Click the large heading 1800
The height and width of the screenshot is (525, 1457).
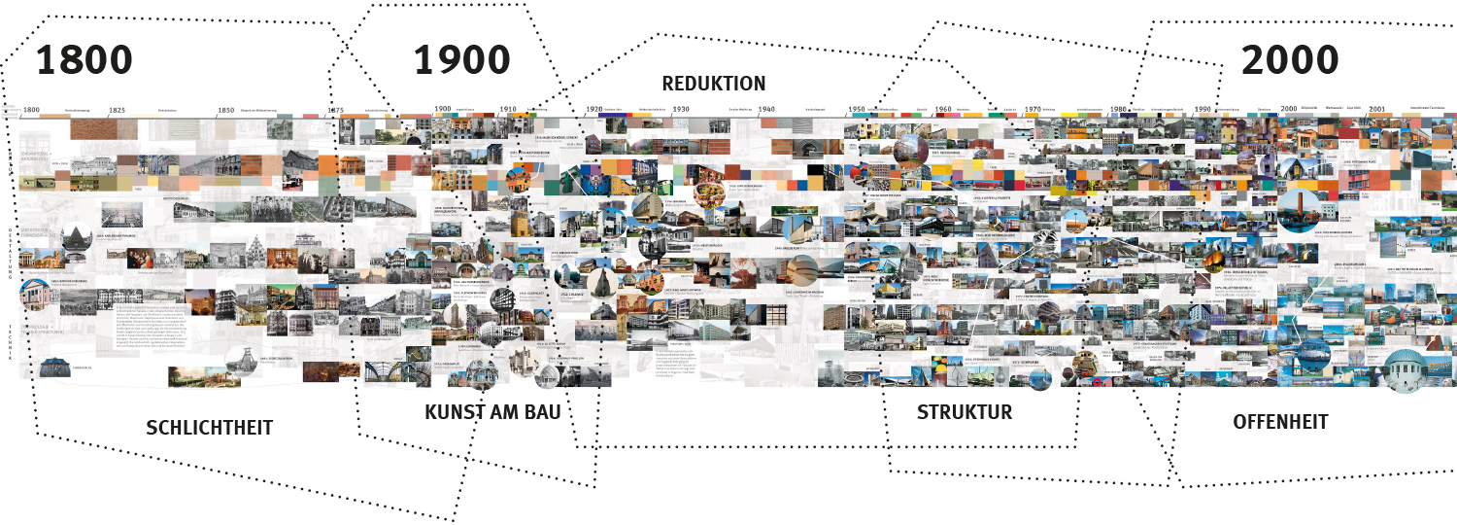pos(85,60)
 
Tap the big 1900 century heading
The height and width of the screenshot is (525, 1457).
pos(462,60)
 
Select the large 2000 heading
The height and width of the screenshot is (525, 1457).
pos(1290,60)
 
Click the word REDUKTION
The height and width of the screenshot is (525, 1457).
pos(714,84)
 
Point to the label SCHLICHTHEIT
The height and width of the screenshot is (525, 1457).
pos(209,428)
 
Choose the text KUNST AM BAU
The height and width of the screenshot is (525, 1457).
pos(492,412)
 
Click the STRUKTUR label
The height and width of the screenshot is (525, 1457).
pos(965,412)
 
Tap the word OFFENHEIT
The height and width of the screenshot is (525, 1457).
pos(1280,422)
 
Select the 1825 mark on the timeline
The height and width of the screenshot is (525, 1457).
pos(118,111)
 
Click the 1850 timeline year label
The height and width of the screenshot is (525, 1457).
pos(226,111)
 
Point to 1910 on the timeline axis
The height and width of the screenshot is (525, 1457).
pos(508,110)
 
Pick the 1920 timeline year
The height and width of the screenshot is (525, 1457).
pos(595,110)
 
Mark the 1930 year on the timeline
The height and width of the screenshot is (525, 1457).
pos(680,110)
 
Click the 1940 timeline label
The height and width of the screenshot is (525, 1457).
pos(766,110)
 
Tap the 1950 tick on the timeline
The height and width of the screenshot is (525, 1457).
pos(856,110)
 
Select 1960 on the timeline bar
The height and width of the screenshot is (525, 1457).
pos(943,110)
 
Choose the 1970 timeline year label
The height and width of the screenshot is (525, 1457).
pos(1033,110)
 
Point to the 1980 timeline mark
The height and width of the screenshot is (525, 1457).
pos(1118,110)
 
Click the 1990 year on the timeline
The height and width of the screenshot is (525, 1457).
pos(1203,110)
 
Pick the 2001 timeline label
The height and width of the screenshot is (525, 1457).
pos(1376,110)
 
